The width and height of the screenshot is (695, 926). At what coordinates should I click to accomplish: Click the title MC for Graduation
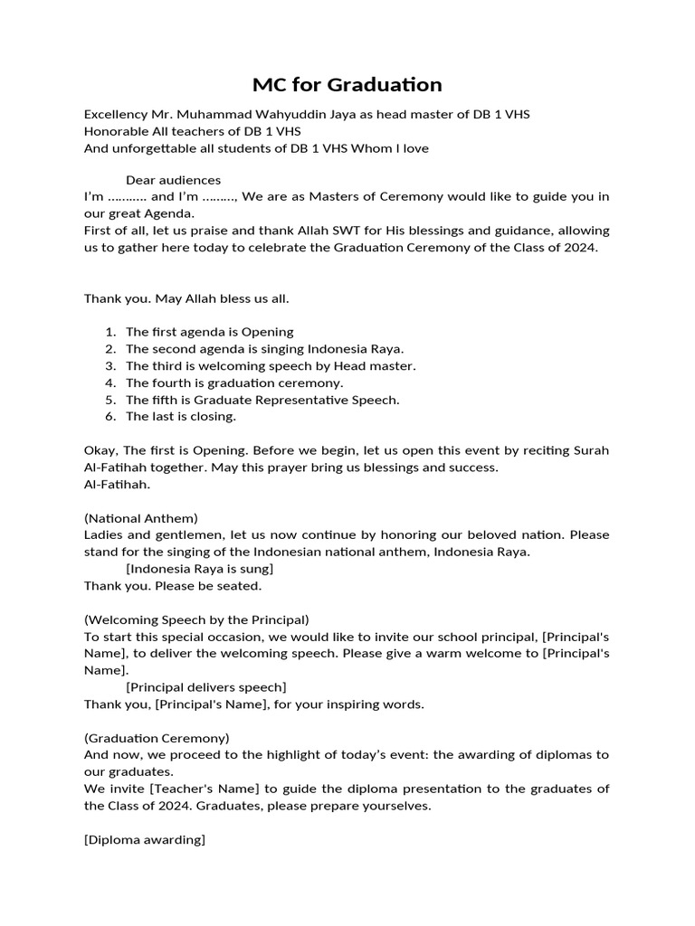(347, 85)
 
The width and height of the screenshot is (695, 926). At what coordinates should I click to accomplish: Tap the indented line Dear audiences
(173, 180)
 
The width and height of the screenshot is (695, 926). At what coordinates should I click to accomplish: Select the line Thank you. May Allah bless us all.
(186, 298)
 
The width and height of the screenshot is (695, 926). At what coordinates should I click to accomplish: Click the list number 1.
(109, 332)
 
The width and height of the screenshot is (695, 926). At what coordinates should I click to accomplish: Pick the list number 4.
(109, 383)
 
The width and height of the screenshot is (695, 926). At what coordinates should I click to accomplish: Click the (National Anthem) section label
(140, 518)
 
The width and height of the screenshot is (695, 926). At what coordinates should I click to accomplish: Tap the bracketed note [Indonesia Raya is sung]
(199, 569)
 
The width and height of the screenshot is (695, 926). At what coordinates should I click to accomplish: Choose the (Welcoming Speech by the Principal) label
(196, 619)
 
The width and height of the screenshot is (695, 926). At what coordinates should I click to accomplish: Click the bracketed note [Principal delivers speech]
(205, 687)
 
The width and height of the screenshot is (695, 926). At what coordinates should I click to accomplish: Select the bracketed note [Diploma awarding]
(145, 839)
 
